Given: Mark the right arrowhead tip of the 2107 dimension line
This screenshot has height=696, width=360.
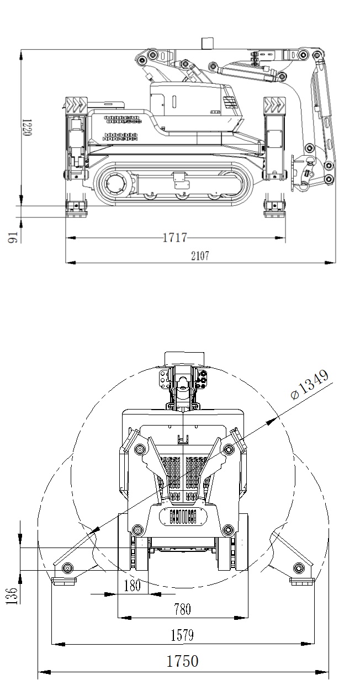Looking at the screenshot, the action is pos(335,263).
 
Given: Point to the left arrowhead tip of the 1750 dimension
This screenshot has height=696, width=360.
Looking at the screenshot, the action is pos(38,672).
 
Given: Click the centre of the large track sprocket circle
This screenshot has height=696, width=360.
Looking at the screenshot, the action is pos(115,184).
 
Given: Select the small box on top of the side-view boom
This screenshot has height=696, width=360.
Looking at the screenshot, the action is pos(207,43).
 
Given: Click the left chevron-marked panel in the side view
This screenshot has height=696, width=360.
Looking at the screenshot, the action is pos(77,105).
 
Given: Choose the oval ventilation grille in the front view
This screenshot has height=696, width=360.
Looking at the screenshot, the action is pos(183,517).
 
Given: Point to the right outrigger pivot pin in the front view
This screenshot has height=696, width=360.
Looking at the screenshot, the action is pos(299,567).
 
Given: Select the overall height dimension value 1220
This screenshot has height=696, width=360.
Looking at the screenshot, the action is pos(27,127).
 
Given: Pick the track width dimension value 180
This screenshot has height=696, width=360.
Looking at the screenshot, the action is pos(132,586).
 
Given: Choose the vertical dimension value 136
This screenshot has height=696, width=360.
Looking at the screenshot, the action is pos(11,596).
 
